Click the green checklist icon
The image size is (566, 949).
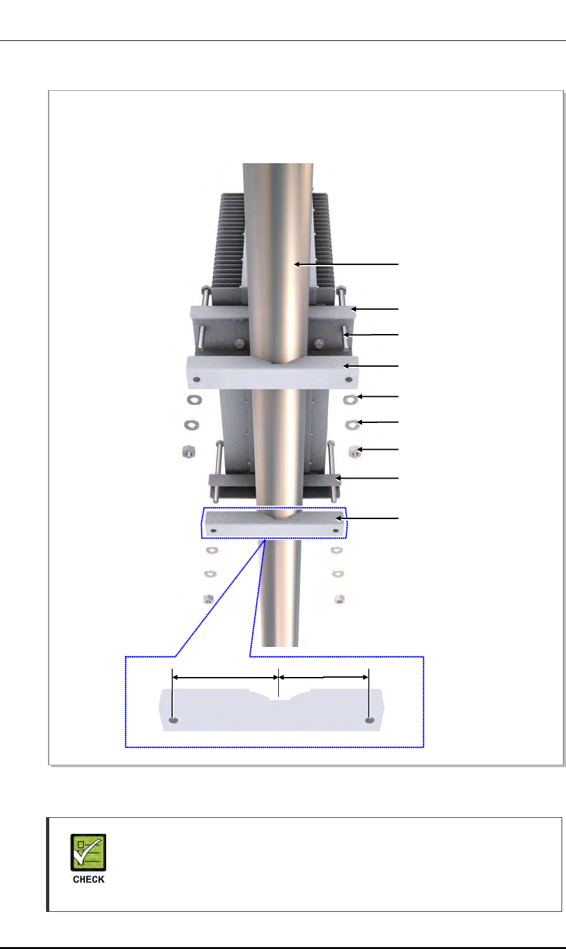[88, 852]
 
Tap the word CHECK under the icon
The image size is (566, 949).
[88, 879]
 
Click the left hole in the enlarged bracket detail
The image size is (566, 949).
[173, 720]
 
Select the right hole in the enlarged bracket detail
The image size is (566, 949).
[370, 720]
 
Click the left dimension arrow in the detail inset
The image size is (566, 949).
[225, 678]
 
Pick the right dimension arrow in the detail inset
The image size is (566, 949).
[324, 678]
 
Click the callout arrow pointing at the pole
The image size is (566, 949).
[346, 264]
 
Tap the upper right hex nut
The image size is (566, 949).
[355, 452]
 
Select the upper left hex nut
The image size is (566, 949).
[189, 451]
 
